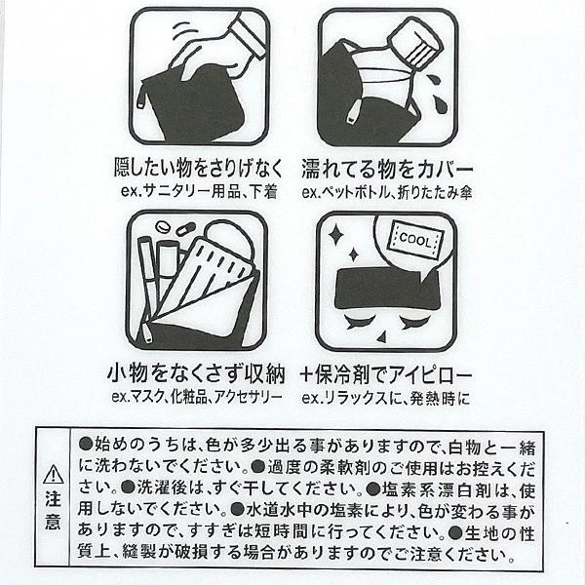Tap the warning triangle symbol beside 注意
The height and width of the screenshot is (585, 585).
tap(54, 475)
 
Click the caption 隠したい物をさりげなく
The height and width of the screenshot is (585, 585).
tap(199, 169)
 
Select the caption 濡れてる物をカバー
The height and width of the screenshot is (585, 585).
tap(387, 170)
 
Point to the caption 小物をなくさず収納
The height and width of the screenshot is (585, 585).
tap(196, 374)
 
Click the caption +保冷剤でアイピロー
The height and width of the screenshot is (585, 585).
tap(386, 375)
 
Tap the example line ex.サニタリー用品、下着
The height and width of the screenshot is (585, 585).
tap(199, 192)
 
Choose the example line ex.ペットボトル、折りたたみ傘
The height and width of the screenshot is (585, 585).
tap(387, 192)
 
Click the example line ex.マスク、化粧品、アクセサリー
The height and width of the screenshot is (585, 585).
tap(197, 397)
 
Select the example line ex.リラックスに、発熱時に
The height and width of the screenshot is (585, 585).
tap(386, 398)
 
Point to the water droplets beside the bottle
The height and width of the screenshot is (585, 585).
tap(435, 93)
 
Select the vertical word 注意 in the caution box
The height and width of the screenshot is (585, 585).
tap(54, 510)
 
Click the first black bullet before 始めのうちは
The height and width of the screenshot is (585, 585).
tap(86, 444)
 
